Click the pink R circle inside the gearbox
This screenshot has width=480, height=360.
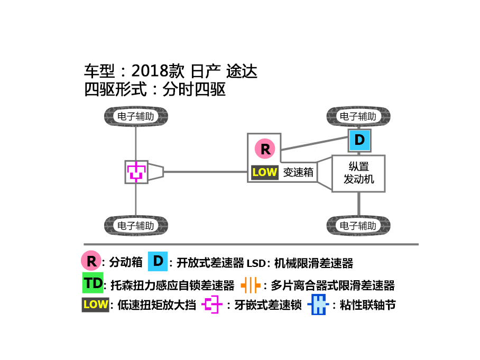pyautogui.click(x=265, y=149)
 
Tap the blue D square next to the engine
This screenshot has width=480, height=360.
pyautogui.click(x=359, y=140)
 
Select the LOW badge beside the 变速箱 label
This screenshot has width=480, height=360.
pyautogui.click(x=265, y=172)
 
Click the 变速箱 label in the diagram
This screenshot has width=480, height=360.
pyautogui.click(x=298, y=172)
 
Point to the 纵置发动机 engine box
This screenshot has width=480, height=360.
pyautogui.click(x=358, y=173)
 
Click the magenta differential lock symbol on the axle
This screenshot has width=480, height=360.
pyautogui.click(x=136, y=172)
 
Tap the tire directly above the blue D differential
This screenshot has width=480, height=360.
pyautogui.click(x=358, y=116)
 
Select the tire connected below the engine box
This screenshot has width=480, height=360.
pyautogui.click(x=358, y=226)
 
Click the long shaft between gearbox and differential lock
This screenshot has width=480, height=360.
pyautogui.click(x=206, y=172)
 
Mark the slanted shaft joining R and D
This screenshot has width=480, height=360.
pyautogui.click(x=315, y=144)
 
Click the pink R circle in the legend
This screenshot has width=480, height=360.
pyautogui.click(x=91, y=261)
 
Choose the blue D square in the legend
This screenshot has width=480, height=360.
pyautogui.click(x=158, y=262)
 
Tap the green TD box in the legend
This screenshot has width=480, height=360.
pyautogui.click(x=93, y=283)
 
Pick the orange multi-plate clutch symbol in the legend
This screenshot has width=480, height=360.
pyautogui.click(x=251, y=285)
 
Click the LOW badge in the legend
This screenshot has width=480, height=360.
pyautogui.click(x=96, y=304)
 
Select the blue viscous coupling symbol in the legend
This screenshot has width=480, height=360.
pyautogui.click(x=318, y=304)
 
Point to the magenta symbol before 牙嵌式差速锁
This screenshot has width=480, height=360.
pyautogui.click(x=212, y=304)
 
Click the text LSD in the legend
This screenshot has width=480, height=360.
pyautogui.click(x=256, y=263)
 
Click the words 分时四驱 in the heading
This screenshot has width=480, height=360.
pyautogui.click(x=194, y=90)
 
